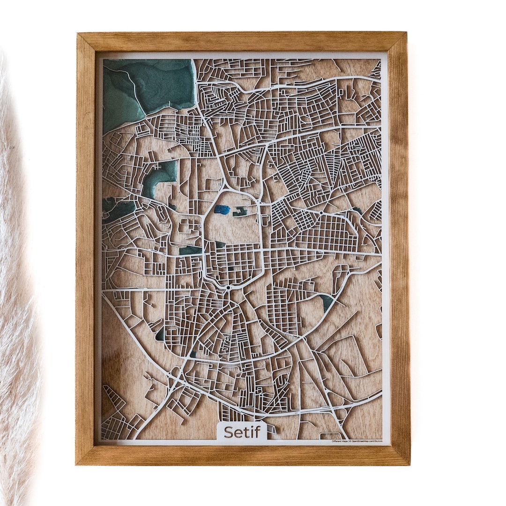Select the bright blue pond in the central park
point(222,210)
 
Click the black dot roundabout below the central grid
point(228,287)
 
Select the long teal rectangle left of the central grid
point(191,250)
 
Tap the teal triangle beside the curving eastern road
point(327,302)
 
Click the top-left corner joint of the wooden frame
point(86,41)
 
